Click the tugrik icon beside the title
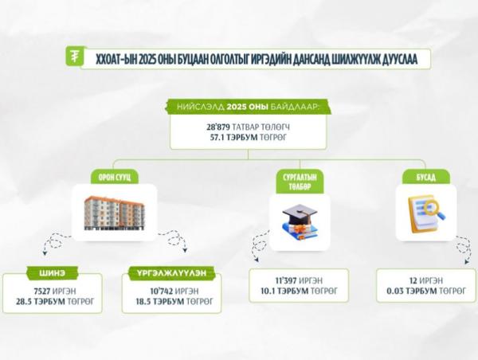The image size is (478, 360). tap(75, 57)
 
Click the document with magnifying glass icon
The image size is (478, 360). tap(426, 213)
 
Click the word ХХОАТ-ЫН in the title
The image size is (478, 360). tap(115, 58)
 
